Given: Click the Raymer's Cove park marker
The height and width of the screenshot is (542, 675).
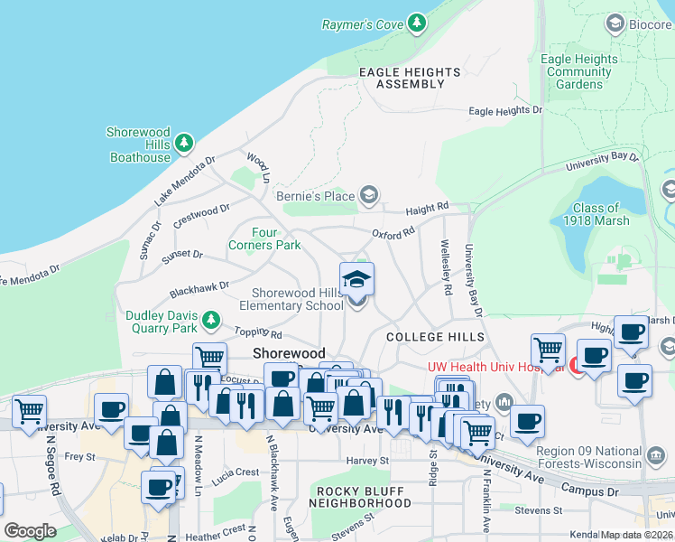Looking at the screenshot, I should click(416, 23).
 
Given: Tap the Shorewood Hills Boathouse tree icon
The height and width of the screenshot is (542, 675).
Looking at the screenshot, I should click(184, 143).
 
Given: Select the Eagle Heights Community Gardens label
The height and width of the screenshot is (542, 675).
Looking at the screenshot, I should click(578, 72).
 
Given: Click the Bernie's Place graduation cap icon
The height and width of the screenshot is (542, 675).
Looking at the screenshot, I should click(368, 195).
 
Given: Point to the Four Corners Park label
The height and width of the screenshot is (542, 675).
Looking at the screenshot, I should click(264, 238).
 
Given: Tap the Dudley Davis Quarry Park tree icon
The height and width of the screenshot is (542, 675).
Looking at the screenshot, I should click(211, 320).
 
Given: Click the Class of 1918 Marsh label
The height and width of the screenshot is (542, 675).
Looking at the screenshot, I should click(596, 215).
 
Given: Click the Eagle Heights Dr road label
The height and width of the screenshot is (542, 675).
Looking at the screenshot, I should click(505, 111).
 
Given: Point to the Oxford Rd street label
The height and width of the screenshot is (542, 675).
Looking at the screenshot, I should click(393, 233).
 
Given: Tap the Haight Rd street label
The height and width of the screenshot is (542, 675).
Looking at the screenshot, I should click(427, 209).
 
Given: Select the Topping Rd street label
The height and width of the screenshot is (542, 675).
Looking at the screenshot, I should click(252, 333).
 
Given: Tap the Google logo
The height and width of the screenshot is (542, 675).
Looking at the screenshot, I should click(30, 531).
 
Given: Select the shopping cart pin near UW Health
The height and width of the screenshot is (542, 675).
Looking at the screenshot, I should click(548, 350).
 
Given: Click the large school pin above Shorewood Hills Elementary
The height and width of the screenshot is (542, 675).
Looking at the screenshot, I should click(356, 279).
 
